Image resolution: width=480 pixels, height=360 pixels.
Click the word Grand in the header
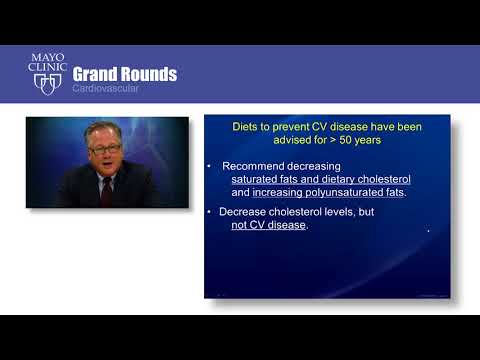coord(97,74)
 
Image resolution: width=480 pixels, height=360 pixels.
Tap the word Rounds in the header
coord(150,74)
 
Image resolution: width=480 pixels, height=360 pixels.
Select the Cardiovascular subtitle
coord(112,89)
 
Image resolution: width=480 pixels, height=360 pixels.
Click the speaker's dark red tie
coord(106,189)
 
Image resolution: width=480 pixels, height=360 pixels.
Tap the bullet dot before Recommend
coord(208,166)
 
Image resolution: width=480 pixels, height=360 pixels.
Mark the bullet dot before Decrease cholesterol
coord(208,212)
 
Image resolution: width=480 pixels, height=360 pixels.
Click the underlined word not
coord(225,225)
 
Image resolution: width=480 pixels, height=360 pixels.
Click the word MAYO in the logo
coord(48,59)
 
